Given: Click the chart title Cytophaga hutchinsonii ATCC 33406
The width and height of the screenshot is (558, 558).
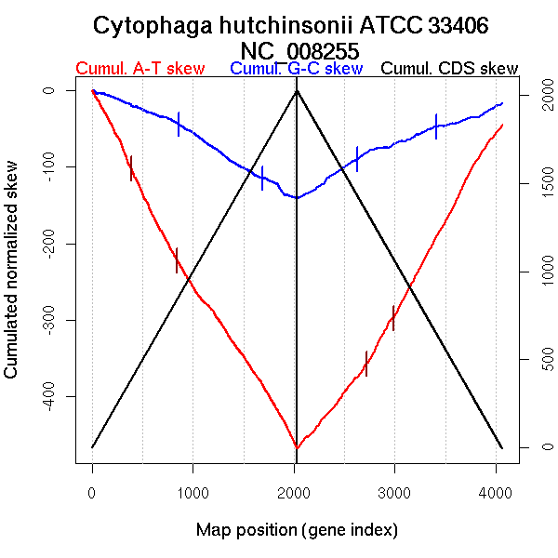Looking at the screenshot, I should coord(297,25).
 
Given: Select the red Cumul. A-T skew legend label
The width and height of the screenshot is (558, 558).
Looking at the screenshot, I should coord(139,69).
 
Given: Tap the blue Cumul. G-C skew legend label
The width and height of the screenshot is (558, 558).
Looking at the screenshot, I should coord(296,69).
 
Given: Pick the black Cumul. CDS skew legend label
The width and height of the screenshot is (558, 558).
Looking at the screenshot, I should coord(450,69).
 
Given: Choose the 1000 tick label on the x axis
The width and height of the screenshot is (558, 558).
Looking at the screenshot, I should coord(193,494).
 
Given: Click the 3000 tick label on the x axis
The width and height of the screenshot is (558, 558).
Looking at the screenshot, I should coord(394,494).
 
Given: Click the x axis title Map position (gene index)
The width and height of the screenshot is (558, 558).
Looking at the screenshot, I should coord(297,530).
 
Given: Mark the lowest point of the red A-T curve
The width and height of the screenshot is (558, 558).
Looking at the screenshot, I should coord(297,448).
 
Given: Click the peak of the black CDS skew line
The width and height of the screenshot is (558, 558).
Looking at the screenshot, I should coord(297,90).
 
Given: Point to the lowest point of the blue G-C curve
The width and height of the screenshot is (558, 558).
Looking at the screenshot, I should coord(297,197).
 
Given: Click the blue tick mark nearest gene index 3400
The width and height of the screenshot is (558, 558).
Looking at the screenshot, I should coord(435,126).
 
